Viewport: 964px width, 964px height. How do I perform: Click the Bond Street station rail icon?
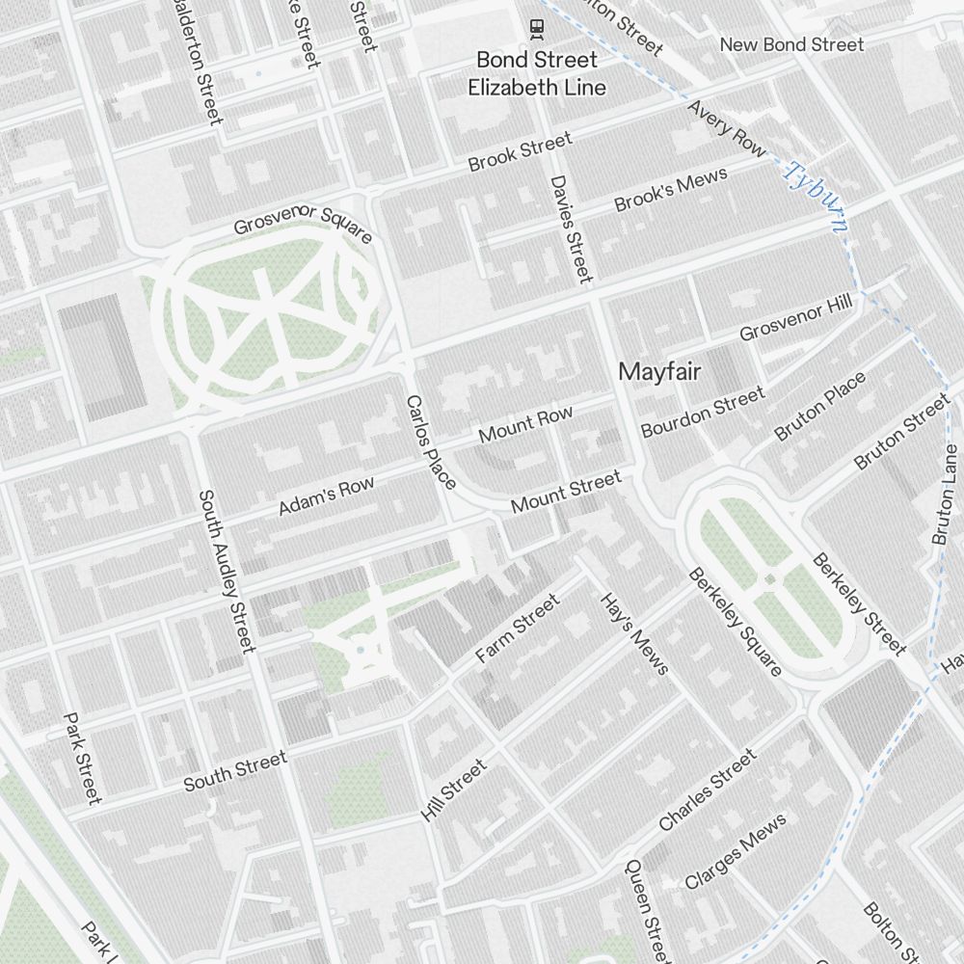[536, 30]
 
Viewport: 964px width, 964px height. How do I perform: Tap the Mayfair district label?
[659, 371]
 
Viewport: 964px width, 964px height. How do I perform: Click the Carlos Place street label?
[431, 442]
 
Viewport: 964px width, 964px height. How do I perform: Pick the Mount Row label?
[525, 425]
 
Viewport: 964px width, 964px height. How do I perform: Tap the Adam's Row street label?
[326, 496]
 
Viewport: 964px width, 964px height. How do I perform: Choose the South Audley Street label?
[227, 571]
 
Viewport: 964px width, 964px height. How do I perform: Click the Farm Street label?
[518, 629]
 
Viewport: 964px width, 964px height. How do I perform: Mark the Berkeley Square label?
[735, 622]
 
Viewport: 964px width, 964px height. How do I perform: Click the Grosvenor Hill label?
[796, 319]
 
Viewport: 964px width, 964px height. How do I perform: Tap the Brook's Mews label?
[671, 190]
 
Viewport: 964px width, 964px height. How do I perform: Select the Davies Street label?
[571, 228]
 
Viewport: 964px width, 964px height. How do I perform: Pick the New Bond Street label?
[791, 44]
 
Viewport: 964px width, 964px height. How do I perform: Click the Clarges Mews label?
[736, 851]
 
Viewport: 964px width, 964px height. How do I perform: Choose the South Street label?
[235, 771]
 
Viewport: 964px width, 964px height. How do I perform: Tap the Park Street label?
[82, 758]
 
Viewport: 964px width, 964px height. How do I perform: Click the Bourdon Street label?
[703, 412]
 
